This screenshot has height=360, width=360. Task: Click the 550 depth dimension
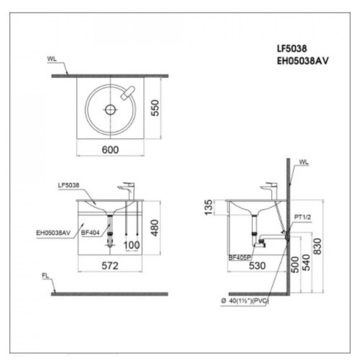156,108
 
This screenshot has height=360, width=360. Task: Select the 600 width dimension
110,150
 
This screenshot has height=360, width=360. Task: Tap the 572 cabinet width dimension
110,266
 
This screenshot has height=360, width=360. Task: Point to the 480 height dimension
155,228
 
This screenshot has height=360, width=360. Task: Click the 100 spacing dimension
132,245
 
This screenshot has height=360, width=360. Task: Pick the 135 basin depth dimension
209,207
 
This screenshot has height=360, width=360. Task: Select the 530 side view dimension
257,266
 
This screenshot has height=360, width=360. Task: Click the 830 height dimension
317,246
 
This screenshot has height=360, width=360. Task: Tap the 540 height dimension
307,262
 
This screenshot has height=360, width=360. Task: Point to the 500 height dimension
295,265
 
